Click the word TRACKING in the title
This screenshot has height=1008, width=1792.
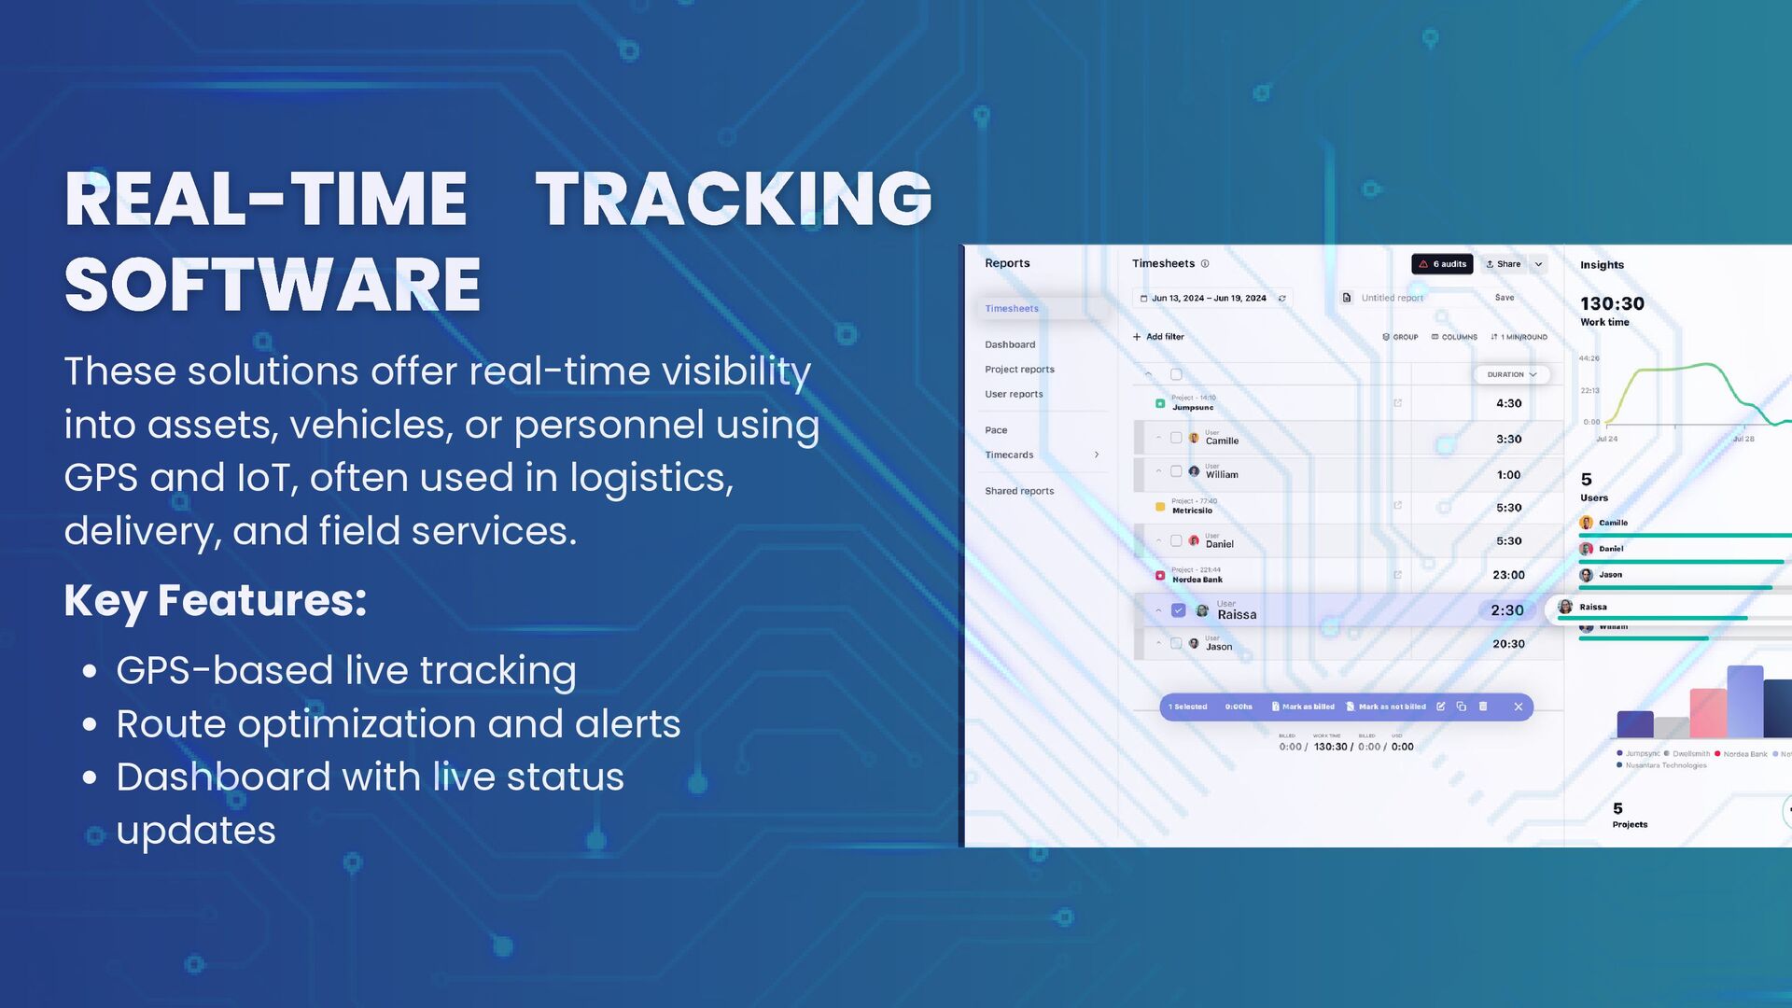[734, 199]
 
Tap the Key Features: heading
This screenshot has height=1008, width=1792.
[215, 600]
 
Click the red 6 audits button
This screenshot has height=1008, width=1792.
[1442, 264]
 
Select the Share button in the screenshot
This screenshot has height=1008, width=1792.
[1504, 264]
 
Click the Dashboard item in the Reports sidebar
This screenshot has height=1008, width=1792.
[1010, 344]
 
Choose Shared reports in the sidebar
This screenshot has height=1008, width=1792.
[1019, 491]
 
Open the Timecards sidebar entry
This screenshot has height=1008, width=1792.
[1009, 455]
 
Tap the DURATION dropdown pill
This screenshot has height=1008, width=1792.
[1511, 374]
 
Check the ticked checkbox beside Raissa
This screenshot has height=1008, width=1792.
[1178, 610]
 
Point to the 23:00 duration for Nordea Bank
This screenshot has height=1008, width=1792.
[1508, 575]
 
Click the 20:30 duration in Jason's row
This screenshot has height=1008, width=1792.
[1508, 644]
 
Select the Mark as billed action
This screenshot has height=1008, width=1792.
[1303, 707]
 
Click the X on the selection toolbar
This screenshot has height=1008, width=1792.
[1519, 707]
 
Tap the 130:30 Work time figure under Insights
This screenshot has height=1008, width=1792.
[1612, 303]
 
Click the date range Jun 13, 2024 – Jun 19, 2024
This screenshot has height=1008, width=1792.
[1208, 299]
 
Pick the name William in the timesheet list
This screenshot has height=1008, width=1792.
[1222, 474]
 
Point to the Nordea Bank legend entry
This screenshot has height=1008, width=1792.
[1743, 753]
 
